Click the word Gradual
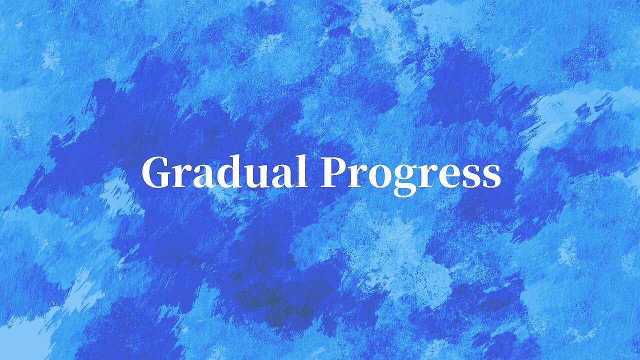[x=224, y=172]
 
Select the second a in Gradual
[x=284, y=176]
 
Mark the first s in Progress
[x=471, y=176]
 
